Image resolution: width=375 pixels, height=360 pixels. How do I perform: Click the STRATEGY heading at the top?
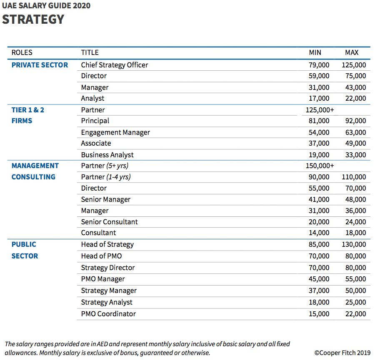[33, 19]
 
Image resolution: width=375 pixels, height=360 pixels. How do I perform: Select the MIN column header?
[315, 52]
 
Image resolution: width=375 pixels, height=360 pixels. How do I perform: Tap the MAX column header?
[352, 52]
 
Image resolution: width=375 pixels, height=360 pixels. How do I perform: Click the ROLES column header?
[22, 52]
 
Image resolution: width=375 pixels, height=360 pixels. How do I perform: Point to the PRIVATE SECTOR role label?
[40, 65]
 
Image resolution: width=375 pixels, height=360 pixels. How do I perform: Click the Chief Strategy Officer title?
[115, 65]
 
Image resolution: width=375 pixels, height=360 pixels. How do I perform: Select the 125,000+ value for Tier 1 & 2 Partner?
[320, 110]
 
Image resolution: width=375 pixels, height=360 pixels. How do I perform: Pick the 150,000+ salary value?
[320, 166]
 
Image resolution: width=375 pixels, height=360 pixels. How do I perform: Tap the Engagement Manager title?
[115, 132]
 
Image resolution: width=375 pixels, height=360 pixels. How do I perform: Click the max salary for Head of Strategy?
[354, 244]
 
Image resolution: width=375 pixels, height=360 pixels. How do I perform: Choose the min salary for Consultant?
[319, 233]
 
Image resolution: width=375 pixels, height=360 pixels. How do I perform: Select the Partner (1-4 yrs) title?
[106, 177]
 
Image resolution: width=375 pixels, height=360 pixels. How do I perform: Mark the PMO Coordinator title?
[108, 314]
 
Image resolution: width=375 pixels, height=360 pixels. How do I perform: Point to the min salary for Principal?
[319, 121]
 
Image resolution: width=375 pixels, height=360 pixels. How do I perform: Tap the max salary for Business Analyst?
[355, 155]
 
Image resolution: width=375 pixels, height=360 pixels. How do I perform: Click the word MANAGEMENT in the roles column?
[35, 166]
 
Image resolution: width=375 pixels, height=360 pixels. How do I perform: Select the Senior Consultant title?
[109, 222]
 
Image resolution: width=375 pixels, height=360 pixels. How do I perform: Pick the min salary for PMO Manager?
[319, 279]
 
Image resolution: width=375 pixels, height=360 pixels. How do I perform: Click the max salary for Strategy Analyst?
[355, 302]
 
